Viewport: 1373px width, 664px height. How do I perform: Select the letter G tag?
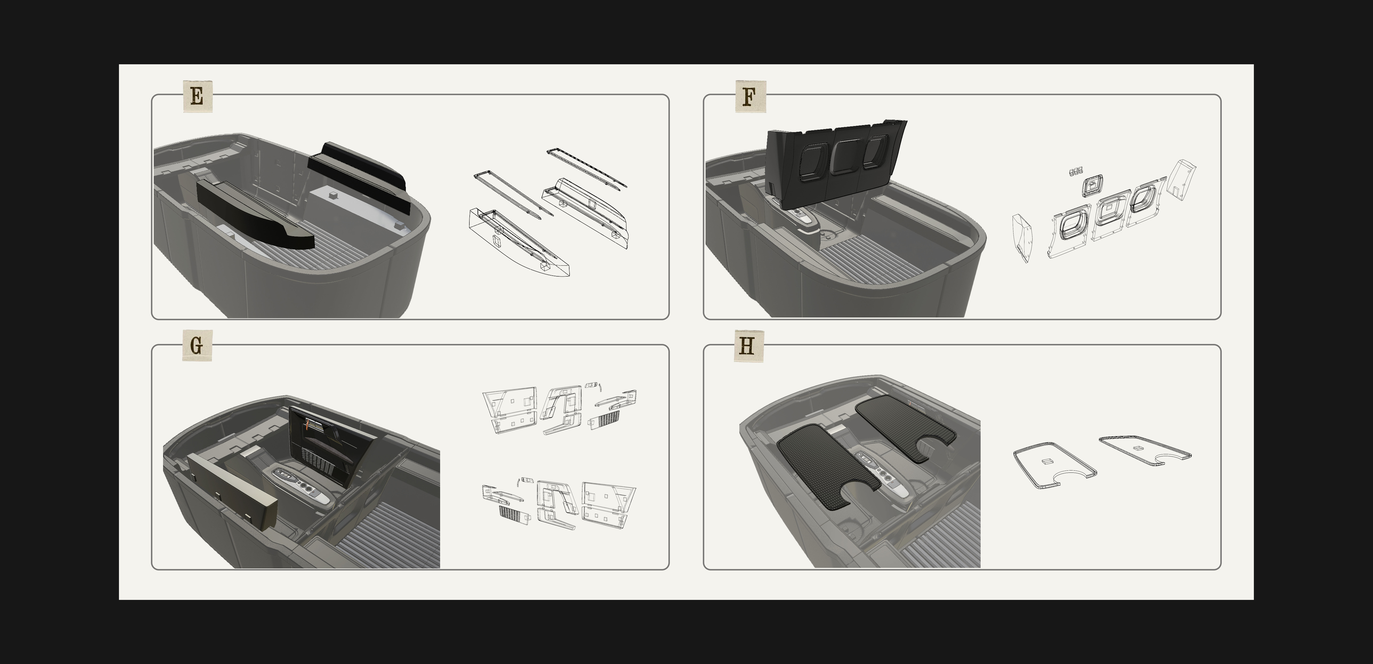pos(197,346)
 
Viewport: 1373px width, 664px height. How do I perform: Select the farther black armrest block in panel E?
pos(358,176)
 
